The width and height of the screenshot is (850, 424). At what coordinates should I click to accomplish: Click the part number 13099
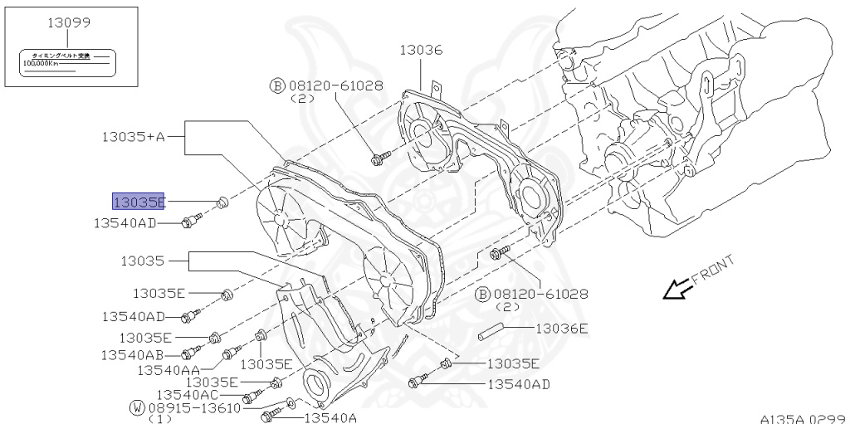point(68,24)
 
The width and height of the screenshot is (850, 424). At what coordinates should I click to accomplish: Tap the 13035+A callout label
point(134,135)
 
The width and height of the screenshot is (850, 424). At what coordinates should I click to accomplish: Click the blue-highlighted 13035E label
point(139,202)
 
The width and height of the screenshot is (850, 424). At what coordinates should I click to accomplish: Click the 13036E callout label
point(561,329)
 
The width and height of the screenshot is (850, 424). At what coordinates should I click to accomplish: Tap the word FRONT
point(713,271)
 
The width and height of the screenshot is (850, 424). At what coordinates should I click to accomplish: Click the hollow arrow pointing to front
point(673,290)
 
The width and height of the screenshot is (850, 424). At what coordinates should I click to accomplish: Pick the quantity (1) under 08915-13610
point(161,419)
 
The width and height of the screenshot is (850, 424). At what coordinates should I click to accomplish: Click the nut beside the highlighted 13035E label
point(222,202)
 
